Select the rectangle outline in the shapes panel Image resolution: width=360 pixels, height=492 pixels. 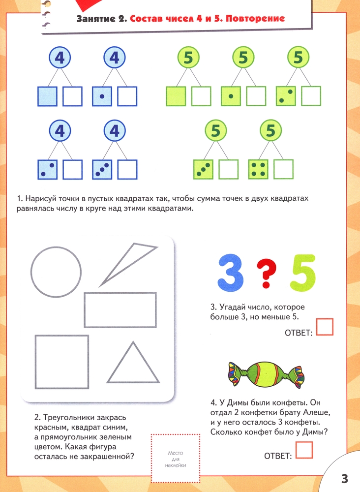(120, 293)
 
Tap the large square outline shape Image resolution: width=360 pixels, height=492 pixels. (62, 336)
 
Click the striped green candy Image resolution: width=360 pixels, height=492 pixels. (265, 374)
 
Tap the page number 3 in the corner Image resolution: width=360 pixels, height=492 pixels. (344, 479)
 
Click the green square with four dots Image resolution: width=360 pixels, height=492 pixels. (258, 169)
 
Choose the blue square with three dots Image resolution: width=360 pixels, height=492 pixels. (102, 169)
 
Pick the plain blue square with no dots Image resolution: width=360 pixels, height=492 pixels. (47, 96)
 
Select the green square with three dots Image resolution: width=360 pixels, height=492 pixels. (203, 169)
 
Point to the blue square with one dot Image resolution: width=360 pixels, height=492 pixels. (102, 96)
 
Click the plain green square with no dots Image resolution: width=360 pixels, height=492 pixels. (176, 96)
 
